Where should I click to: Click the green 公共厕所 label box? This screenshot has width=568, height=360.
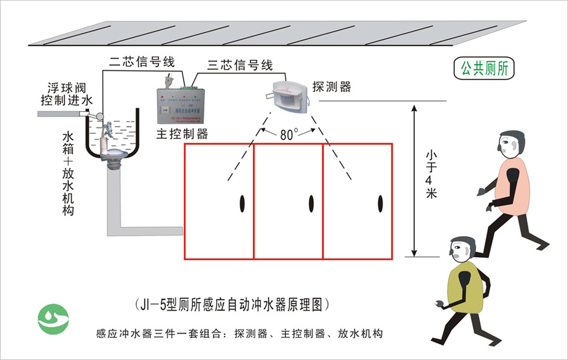pyautogui.click(x=484, y=68)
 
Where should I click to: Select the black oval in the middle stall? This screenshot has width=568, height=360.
pyautogui.click(x=311, y=204)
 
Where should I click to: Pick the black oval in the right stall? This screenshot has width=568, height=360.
pyautogui.click(x=380, y=204)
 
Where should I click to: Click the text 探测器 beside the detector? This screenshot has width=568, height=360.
pyautogui.click(x=331, y=87)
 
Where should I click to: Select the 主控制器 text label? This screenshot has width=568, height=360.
pyautogui.click(x=182, y=134)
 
